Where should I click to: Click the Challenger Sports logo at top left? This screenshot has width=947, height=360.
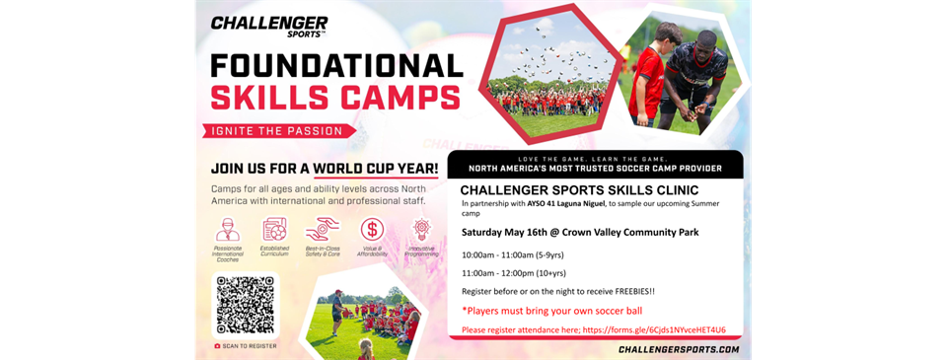pyautogui.click(x=269, y=27)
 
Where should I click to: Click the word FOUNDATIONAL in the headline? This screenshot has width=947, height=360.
pyautogui.click(x=336, y=65)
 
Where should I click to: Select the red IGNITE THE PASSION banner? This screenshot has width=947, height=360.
pyautogui.click(x=280, y=130)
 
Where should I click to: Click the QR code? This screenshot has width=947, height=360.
pyautogui.click(x=246, y=305)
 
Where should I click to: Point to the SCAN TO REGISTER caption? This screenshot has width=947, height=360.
pyautogui.click(x=246, y=346)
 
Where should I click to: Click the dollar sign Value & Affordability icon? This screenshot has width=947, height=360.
pyautogui.click(x=372, y=230)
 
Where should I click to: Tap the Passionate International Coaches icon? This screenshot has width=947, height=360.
pyautogui.click(x=227, y=230)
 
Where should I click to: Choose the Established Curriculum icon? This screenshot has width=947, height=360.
pyautogui.click(x=275, y=230)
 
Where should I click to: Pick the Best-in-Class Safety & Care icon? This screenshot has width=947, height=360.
pyautogui.click(x=323, y=230)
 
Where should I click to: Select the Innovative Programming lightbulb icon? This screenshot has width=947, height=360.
pyautogui.click(x=421, y=230)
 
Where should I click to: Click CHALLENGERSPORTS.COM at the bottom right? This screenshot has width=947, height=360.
pyautogui.click(x=678, y=349)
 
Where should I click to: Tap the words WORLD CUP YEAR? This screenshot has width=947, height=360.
pyautogui.click(x=376, y=169)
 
